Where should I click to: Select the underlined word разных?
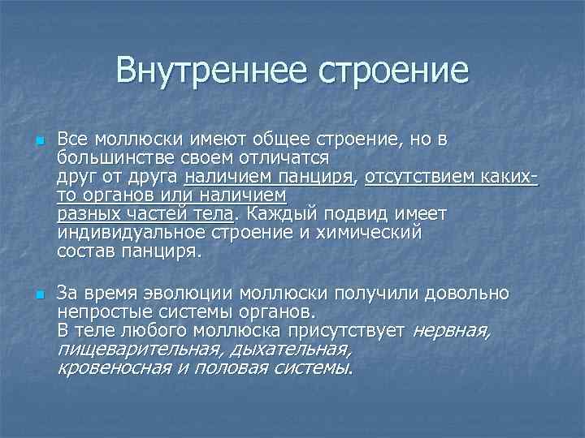coord(88,213)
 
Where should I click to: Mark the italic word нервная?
coord(451,330)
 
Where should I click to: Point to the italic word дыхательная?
coord(290,350)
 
